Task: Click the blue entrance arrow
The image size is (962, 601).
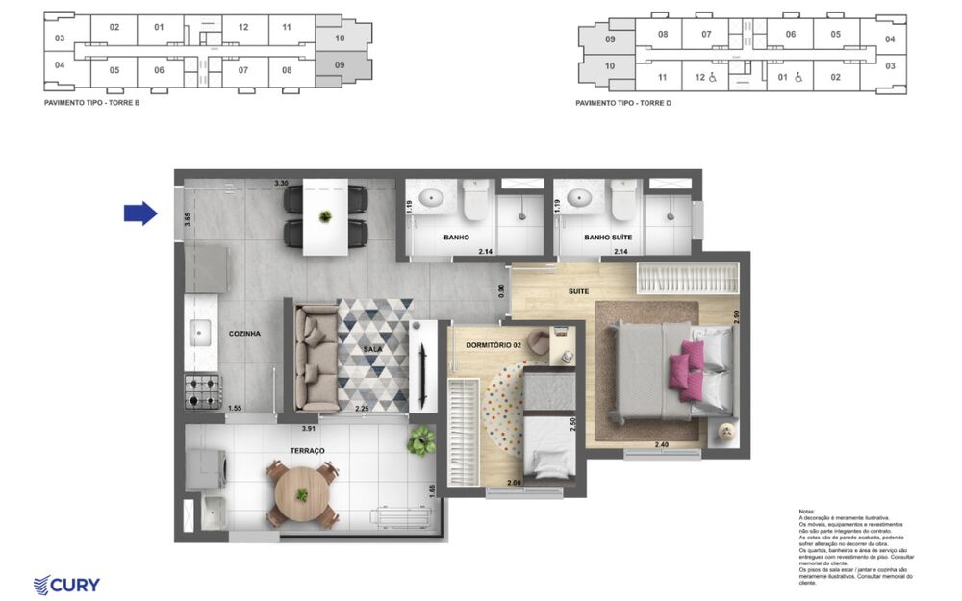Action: click(140, 213)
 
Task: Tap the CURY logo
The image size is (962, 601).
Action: click(66, 584)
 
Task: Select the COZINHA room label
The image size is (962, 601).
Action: click(244, 334)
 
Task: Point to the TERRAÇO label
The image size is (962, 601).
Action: click(308, 450)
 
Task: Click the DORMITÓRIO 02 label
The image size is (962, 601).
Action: click(493, 344)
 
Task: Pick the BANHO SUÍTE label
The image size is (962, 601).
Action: click(608, 237)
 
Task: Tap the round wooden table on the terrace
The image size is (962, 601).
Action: click(302, 494)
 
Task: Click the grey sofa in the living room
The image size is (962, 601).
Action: click(315, 357)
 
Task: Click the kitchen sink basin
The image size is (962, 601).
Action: click(202, 335)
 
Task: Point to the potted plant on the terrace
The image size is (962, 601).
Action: click(420, 441)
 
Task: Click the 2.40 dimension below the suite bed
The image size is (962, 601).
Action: click(662, 444)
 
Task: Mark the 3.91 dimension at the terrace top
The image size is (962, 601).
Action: click(309, 428)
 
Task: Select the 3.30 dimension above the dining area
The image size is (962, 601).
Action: click(281, 182)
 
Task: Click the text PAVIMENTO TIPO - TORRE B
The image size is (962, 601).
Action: click(92, 101)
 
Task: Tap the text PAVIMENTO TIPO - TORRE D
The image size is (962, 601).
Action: click(622, 102)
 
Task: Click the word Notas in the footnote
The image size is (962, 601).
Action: click(807, 512)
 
